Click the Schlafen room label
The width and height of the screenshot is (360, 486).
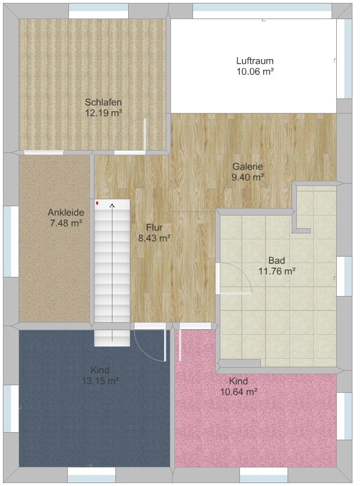(103, 102)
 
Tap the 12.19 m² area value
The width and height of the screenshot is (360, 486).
(103, 113)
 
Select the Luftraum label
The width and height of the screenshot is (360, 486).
(255, 60)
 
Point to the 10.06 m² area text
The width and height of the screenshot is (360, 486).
(255, 72)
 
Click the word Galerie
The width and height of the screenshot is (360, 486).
(248, 166)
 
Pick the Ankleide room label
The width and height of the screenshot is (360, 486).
(66, 213)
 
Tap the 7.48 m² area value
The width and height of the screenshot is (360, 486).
(66, 223)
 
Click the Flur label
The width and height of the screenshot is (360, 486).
(154, 228)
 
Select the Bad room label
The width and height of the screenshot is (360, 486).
(277, 260)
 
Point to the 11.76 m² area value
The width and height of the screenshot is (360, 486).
(277, 272)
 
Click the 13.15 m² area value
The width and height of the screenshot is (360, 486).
(100, 381)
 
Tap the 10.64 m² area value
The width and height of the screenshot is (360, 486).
(238, 392)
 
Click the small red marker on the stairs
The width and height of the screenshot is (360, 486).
(97, 203)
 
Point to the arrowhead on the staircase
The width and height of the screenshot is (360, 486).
(112, 205)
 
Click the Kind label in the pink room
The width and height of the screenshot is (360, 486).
(238, 381)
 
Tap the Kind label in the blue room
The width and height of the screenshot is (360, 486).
(100, 370)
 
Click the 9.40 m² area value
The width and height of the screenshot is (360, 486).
(248, 178)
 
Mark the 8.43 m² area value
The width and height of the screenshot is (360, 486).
(154, 239)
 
